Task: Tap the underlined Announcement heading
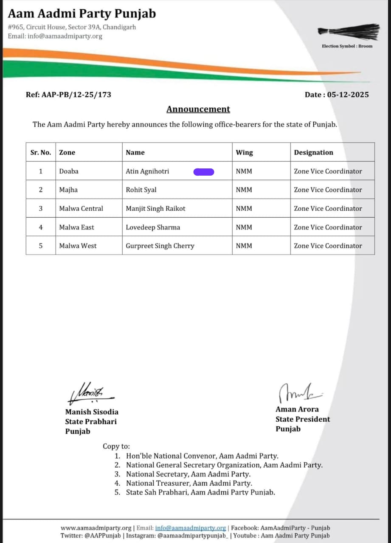coord(198,109)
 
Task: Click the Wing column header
coord(244,152)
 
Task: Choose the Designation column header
coord(313,152)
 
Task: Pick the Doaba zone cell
coord(69,171)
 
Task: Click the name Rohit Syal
coord(141,190)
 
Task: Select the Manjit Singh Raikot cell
coord(155,209)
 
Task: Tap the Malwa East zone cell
coord(76,227)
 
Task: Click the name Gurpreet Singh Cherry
coord(160,246)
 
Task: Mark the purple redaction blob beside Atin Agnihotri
coord(204,171)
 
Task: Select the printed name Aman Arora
coord(297,409)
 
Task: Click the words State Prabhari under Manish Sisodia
coord(90,422)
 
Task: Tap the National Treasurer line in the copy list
coord(189,483)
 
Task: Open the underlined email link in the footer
coord(191,528)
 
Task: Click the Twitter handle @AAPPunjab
coord(97,536)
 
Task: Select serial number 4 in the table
coord(41,227)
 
